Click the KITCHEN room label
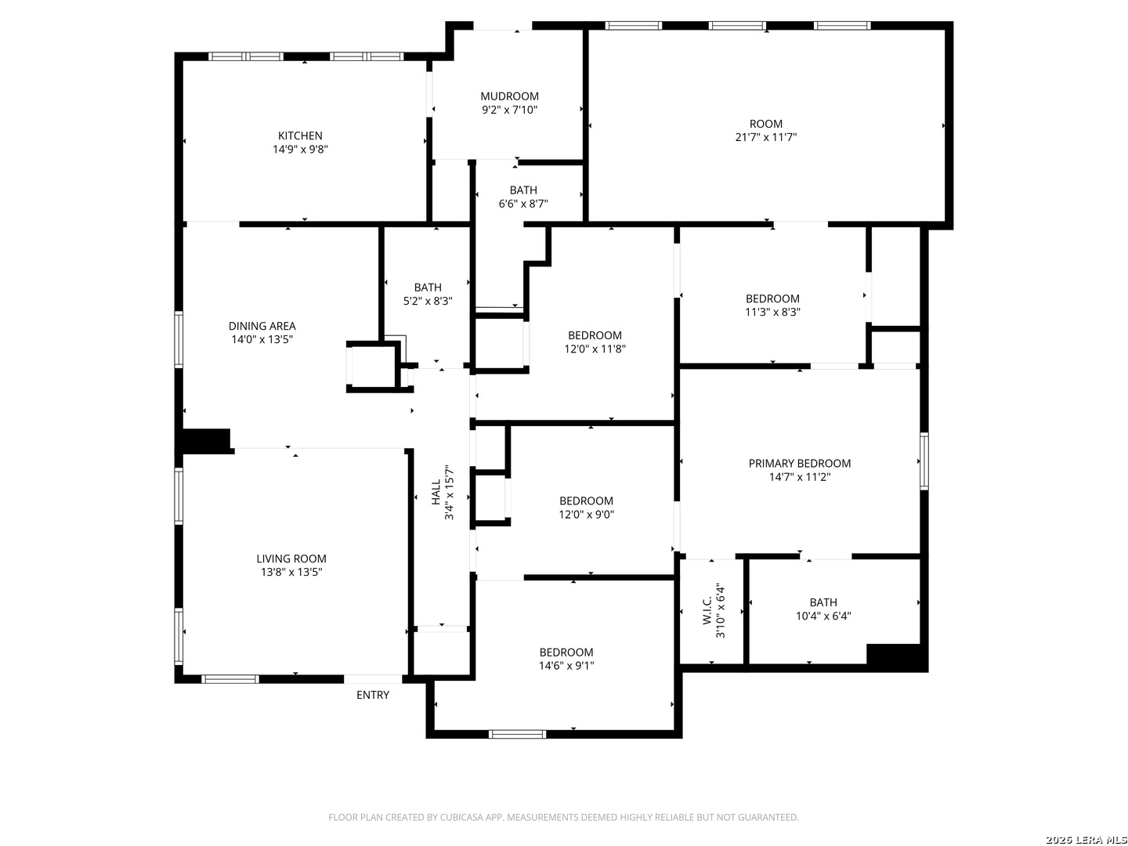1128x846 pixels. [x=300, y=136]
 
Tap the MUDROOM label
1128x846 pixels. [x=509, y=96]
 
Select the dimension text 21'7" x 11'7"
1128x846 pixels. [x=765, y=137]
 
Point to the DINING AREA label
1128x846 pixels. [x=262, y=326]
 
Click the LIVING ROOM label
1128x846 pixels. [x=291, y=559]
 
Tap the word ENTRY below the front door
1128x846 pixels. [x=373, y=695]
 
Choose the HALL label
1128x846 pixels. [x=436, y=493]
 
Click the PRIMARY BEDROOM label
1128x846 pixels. [x=800, y=463]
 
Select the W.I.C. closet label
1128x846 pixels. [x=707, y=611]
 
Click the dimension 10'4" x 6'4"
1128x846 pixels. [x=823, y=616]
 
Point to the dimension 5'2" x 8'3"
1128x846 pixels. [x=428, y=301]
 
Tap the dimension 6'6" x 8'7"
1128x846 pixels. [x=523, y=204]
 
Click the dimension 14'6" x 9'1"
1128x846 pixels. [x=566, y=666]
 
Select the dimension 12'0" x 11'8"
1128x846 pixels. [x=595, y=349]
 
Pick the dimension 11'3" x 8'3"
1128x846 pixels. [x=772, y=312]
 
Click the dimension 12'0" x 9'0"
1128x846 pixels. [x=587, y=514]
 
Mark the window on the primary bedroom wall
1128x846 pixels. [x=924, y=461]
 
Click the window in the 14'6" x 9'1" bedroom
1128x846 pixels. [x=517, y=734]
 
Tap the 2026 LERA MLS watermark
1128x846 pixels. [x=1086, y=839]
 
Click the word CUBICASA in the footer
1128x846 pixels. [x=461, y=817]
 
